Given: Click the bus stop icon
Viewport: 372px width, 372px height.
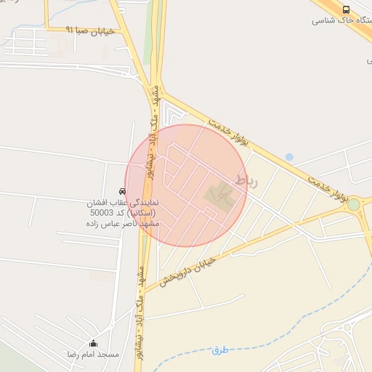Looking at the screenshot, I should pyautogui.click(x=345, y=9).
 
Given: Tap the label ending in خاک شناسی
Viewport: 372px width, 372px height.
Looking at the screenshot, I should pyautogui.click(x=341, y=20).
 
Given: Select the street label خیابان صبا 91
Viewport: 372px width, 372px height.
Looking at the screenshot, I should pyautogui.click(x=90, y=31).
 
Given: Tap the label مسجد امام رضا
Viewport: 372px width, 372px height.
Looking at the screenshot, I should pyautogui.click(x=93, y=355).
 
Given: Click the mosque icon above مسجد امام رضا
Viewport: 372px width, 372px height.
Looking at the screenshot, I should pyautogui.click(x=93, y=343).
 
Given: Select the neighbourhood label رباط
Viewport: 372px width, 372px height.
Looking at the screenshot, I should pyautogui.click(x=246, y=179).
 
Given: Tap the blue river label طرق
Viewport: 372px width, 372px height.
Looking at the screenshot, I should pyautogui.click(x=220, y=350).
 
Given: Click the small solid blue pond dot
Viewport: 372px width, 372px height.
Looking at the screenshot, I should pyautogui.click(x=289, y=157).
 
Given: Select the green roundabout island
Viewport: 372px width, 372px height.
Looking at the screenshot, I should pyautogui.click(x=354, y=205).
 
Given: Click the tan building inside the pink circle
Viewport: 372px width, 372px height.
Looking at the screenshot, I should pyautogui.click(x=219, y=194).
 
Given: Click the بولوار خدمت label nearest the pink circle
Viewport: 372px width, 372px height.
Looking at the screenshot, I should pyautogui.click(x=228, y=131).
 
